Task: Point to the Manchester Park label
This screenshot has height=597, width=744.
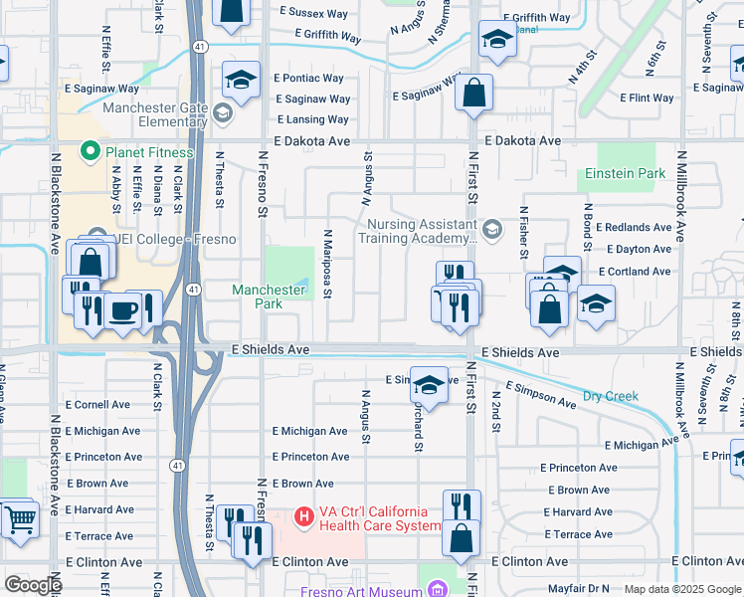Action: [269, 297]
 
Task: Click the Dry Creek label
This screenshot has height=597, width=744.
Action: [610, 396]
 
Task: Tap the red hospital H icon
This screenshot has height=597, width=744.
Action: [305, 517]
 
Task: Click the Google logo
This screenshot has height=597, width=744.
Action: [32, 585]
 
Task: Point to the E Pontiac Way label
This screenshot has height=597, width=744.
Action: [314, 79]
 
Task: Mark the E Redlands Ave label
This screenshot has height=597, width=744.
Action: [634, 228]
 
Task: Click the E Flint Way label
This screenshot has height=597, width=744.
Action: [648, 99]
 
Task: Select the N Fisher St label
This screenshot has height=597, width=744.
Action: [522, 232]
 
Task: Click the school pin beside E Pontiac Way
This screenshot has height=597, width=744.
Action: [242, 80]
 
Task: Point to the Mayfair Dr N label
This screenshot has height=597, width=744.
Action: [577, 589]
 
